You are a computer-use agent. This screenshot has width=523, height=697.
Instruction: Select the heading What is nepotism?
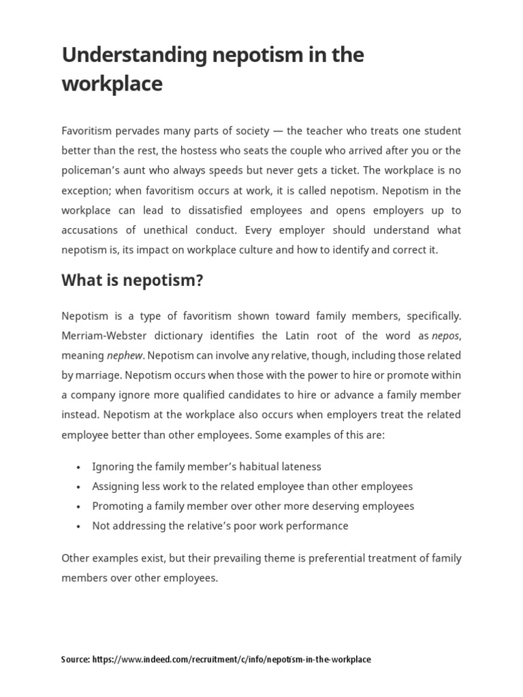click(132, 280)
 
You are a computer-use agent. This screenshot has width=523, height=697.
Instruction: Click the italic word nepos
click(445, 336)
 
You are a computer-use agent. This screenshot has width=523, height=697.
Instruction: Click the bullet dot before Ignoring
click(79, 468)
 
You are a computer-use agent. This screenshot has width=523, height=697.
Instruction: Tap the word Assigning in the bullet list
click(116, 487)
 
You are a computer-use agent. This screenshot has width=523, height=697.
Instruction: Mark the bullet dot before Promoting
click(79, 507)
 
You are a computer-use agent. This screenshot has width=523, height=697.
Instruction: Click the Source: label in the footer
click(75, 660)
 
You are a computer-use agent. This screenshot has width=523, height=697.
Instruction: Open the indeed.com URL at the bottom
click(232, 660)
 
